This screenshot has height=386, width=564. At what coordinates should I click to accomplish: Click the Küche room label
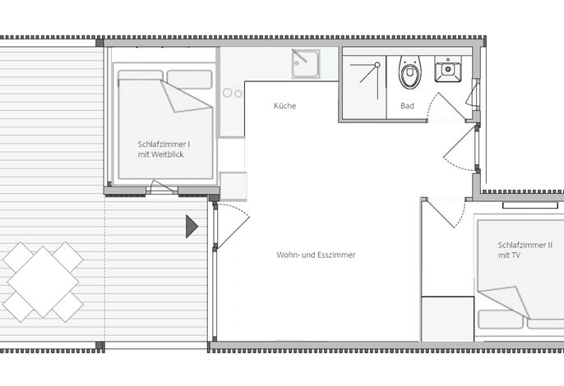pyautogui.click(x=284, y=106)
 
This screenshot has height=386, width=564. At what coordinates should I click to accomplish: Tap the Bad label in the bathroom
pyautogui.click(x=407, y=106)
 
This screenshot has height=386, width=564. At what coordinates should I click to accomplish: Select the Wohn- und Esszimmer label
pyautogui.click(x=316, y=255)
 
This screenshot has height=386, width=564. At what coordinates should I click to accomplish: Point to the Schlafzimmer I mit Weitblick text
pyautogui.click(x=164, y=149)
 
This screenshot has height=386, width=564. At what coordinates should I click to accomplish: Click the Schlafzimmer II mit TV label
pyautogui.click(x=525, y=250)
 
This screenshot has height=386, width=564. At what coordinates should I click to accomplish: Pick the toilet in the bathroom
pyautogui.click(x=409, y=72)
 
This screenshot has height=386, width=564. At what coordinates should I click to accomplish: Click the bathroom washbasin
pyautogui.click(x=448, y=69)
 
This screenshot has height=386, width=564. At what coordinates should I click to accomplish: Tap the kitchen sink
pyautogui.click(x=305, y=64)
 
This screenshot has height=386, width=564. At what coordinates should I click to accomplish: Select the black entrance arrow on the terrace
pyautogui.click(x=192, y=227)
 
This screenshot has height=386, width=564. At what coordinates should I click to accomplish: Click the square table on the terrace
pyautogui.click(x=43, y=282)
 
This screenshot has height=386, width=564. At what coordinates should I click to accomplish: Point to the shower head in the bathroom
pyautogui.click(x=377, y=65)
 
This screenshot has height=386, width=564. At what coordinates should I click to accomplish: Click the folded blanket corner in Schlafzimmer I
pyautogui.click(x=185, y=96)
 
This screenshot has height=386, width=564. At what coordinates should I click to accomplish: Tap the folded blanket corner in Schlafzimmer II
pyautogui.click(x=504, y=302)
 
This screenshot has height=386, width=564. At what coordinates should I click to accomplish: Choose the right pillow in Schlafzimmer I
pyautogui.click(x=190, y=80)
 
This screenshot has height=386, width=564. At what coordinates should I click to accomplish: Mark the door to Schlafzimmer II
pyautogui.click(x=446, y=213)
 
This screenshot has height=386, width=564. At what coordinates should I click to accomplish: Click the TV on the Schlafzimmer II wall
pyautogui.click(x=530, y=205)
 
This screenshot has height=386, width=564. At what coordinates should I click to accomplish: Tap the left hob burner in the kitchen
pyautogui.click(x=227, y=93)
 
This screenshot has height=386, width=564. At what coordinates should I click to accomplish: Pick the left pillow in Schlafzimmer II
pyautogui.click(x=501, y=319)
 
